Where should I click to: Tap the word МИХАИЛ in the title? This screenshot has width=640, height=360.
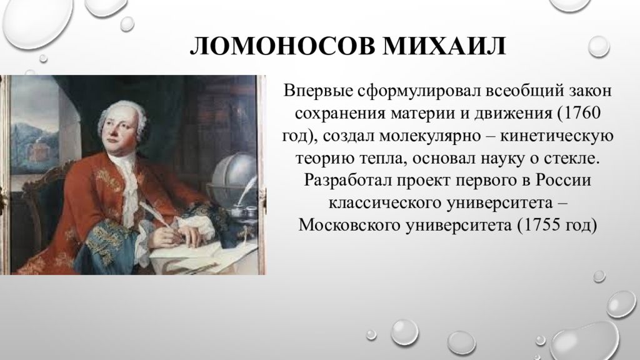[x=444, y=46]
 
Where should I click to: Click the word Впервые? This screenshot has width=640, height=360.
[x=318, y=91]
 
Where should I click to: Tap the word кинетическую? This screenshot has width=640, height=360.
[x=557, y=136]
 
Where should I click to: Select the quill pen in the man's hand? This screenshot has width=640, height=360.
[x=157, y=215]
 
